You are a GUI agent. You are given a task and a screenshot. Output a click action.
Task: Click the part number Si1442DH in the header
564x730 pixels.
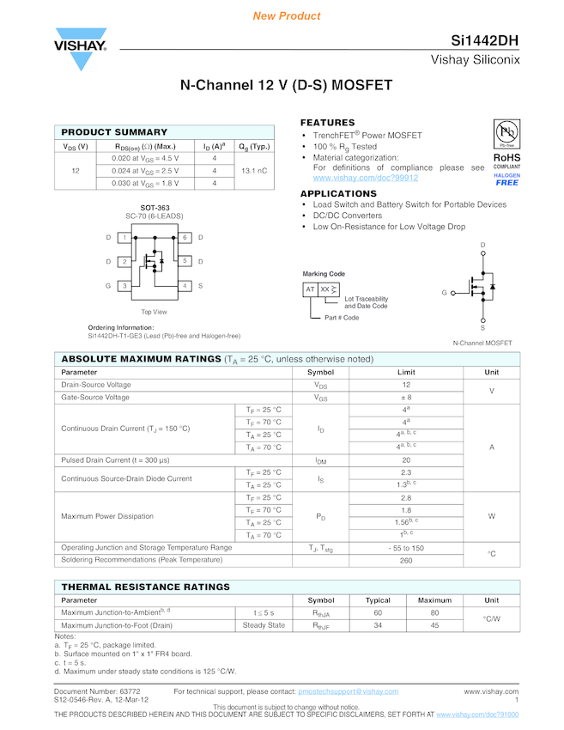pos(484,41)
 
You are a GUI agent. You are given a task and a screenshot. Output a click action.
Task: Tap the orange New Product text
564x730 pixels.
pos(287,16)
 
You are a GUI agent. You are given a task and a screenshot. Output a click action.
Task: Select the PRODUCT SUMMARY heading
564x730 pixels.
pos(114,132)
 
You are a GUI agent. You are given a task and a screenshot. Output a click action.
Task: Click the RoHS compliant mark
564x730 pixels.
pos(506,160)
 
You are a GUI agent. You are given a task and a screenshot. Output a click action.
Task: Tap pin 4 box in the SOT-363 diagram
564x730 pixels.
pos(184,285)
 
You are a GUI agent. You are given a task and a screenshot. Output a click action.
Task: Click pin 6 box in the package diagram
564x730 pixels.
pos(184,237)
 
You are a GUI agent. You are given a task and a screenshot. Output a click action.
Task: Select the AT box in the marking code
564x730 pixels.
pos(310,289)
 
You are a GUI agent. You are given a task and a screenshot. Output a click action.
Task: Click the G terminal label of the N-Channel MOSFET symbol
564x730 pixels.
pos(445,293)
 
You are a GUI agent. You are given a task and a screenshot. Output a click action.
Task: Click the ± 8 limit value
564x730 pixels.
pos(406,398)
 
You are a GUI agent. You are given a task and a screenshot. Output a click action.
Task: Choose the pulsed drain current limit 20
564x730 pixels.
pos(406,460)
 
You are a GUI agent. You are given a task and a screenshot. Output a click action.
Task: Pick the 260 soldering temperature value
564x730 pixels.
pos(406,561)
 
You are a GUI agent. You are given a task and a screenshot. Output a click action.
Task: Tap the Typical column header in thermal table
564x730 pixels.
pos(378,600)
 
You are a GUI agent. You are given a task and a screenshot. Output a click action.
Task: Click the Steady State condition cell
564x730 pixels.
pos(264,625)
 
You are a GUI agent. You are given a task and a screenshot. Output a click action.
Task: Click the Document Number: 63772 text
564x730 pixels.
pos(97,690)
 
